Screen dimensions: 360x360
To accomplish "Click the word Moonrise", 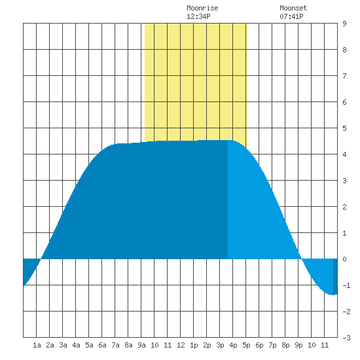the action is (x=202, y=9).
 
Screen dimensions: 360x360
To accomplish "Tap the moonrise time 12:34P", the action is (x=198, y=16).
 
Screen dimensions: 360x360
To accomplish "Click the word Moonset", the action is (x=293, y=9).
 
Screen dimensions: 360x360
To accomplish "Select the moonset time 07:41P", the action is (x=291, y=16).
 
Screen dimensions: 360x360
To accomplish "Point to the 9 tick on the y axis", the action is (x=344, y=24).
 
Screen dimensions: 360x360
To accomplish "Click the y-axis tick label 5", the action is (x=344, y=128).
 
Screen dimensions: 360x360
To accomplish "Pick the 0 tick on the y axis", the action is (x=344, y=259).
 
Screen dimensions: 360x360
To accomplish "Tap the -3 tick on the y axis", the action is (x=346, y=338).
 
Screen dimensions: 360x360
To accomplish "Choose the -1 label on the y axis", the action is (x=346, y=285).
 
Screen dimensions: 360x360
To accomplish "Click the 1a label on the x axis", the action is (x=37, y=345).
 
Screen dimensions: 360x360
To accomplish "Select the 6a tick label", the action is (x=102, y=345).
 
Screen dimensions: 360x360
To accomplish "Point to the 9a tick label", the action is (x=141, y=345).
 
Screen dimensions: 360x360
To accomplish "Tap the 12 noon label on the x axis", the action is (x=181, y=345).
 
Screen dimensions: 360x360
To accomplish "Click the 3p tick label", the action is (x=220, y=345).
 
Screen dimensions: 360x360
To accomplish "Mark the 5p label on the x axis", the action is (x=246, y=345).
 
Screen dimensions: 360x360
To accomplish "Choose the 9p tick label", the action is (x=298, y=345).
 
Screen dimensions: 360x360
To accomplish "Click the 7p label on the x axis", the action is (x=272, y=345).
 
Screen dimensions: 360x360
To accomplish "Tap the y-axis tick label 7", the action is (x=344, y=76).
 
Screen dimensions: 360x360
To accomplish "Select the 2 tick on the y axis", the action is (x=344, y=207).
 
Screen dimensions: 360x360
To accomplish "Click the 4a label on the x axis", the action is (x=76, y=345).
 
